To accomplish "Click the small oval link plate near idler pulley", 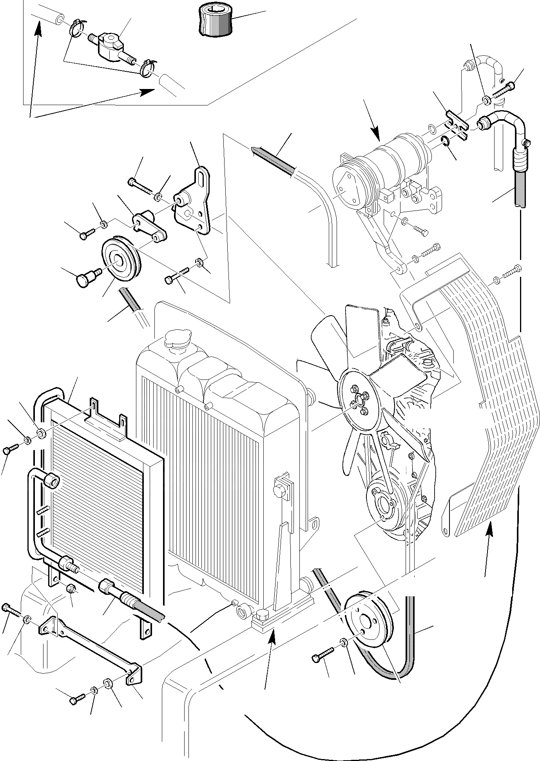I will [x=149, y=226].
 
